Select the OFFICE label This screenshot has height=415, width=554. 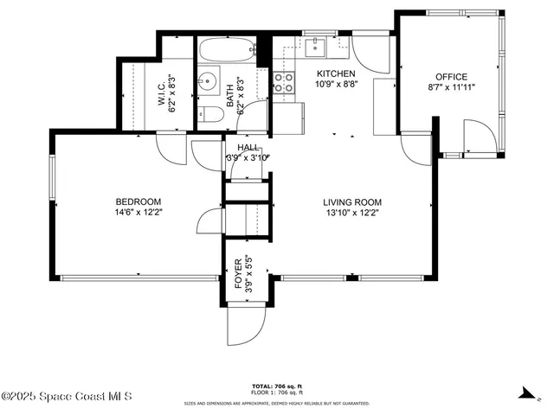coord(451,76)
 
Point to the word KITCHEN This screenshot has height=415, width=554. coord(336,73)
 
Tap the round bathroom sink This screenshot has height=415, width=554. coord(208,83)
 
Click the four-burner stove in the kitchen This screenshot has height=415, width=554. coord(283,82)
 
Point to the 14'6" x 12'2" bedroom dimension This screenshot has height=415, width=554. coord(138,213)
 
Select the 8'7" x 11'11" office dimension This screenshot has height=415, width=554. coord(451,87)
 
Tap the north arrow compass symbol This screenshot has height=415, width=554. coord(524,392)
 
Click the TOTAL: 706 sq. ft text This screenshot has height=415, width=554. coord(276,386)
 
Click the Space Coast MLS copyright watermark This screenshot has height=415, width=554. coord(67,397)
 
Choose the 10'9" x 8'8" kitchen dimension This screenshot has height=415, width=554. coord(336,85)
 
